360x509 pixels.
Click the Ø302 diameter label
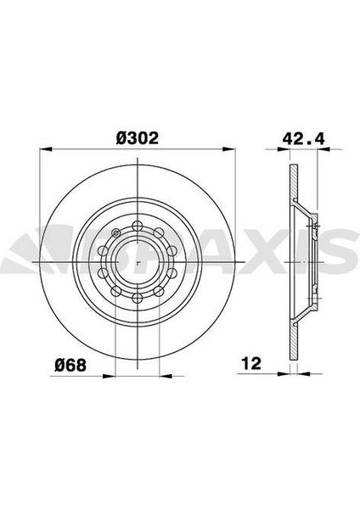pyautogui.click(x=138, y=136)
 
